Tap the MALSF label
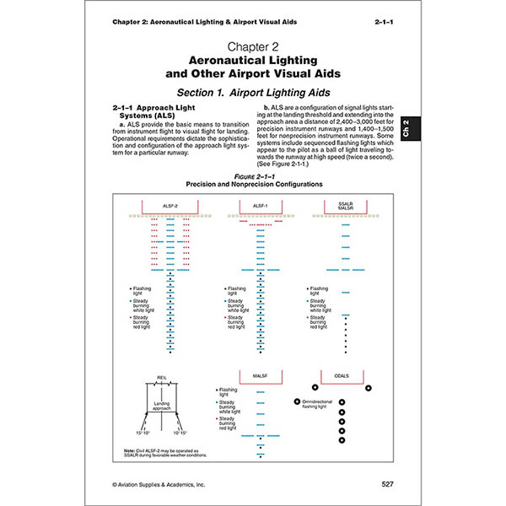click(260, 374)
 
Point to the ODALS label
click(343, 374)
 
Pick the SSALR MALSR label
click(343, 206)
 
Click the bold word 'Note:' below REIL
click(128, 450)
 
